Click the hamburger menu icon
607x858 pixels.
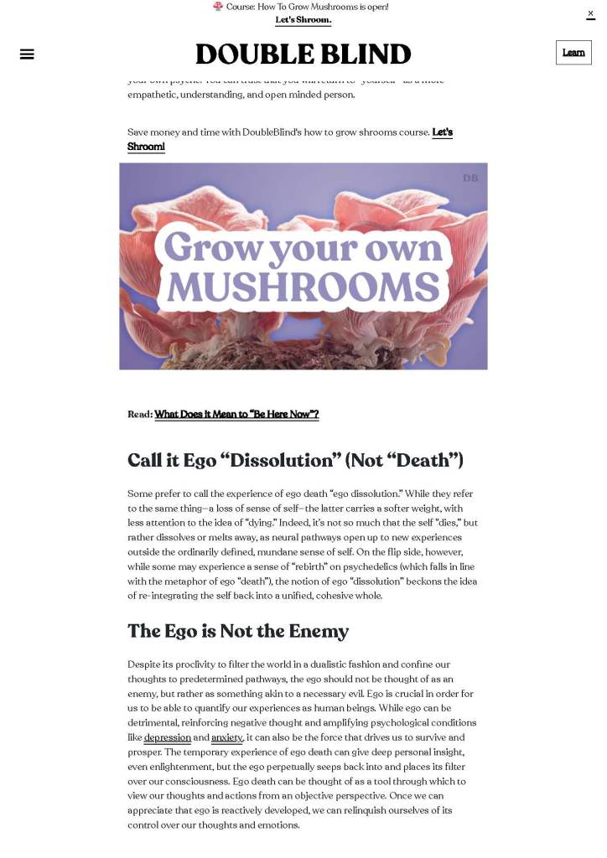(27, 54)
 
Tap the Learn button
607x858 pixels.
(573, 53)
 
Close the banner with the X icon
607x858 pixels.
(590, 13)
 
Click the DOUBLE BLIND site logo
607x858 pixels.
(303, 54)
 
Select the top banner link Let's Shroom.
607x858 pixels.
(303, 20)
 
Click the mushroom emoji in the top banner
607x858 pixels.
(218, 7)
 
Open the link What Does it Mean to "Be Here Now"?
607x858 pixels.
(236, 414)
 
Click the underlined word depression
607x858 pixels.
(167, 737)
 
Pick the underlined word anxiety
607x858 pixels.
(226, 737)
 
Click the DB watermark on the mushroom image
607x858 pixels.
(470, 178)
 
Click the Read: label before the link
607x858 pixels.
(140, 414)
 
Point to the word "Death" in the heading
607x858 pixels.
(420, 460)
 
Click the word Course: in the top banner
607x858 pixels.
(241, 7)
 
